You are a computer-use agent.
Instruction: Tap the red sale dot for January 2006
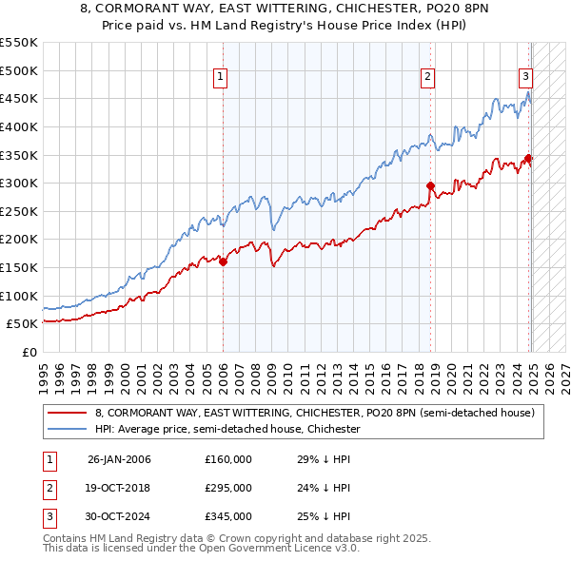[x=224, y=261]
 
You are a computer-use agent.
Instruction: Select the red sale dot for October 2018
[x=431, y=186]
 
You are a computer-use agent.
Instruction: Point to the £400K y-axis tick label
[x=20, y=126]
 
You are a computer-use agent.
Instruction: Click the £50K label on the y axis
[x=23, y=324]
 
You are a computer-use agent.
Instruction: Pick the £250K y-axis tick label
[x=20, y=211]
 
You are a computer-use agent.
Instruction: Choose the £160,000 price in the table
[x=228, y=459]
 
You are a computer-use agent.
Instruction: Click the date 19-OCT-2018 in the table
[x=119, y=488]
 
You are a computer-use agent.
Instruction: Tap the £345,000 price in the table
[x=228, y=516]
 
